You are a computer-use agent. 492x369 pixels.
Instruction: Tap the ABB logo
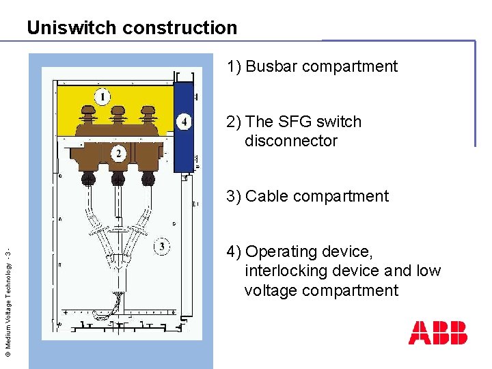438,333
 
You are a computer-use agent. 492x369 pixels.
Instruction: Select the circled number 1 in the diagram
102,96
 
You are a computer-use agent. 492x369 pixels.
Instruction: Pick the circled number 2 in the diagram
119,153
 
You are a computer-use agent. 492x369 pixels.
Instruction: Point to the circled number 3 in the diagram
161,245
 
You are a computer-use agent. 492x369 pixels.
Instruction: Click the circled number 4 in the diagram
183,122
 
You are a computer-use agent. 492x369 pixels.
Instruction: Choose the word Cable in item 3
269,196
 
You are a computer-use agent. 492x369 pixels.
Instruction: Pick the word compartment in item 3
348,196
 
